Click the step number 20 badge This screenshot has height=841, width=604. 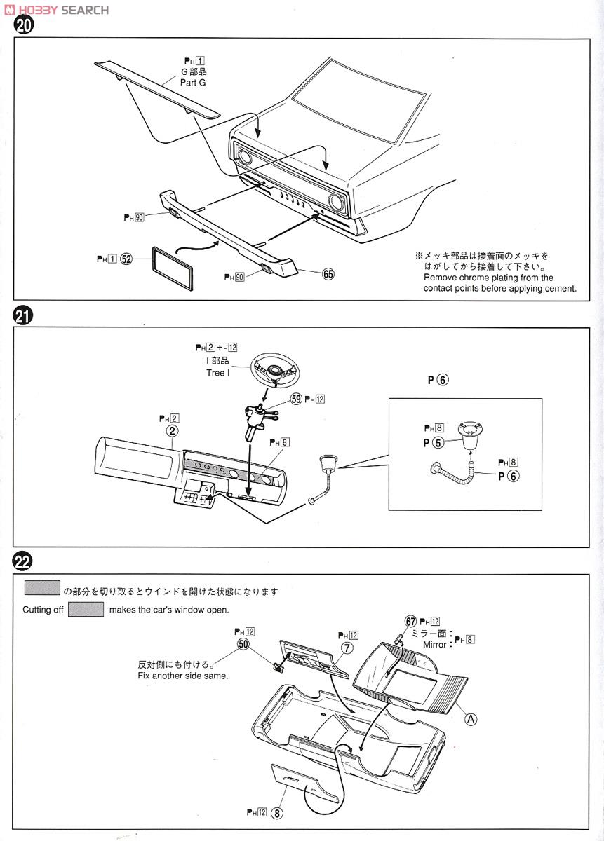(23, 27)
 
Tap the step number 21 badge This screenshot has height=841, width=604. (23, 317)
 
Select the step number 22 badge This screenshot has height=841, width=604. (23, 561)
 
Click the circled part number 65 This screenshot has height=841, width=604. (328, 274)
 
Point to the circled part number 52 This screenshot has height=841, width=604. (126, 259)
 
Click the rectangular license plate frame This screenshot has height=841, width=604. (171, 267)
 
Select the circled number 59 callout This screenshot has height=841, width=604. (296, 399)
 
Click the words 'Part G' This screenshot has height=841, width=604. (194, 82)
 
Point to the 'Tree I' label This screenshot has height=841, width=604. (217, 373)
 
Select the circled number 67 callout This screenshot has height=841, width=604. (411, 622)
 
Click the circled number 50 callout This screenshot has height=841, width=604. (243, 643)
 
